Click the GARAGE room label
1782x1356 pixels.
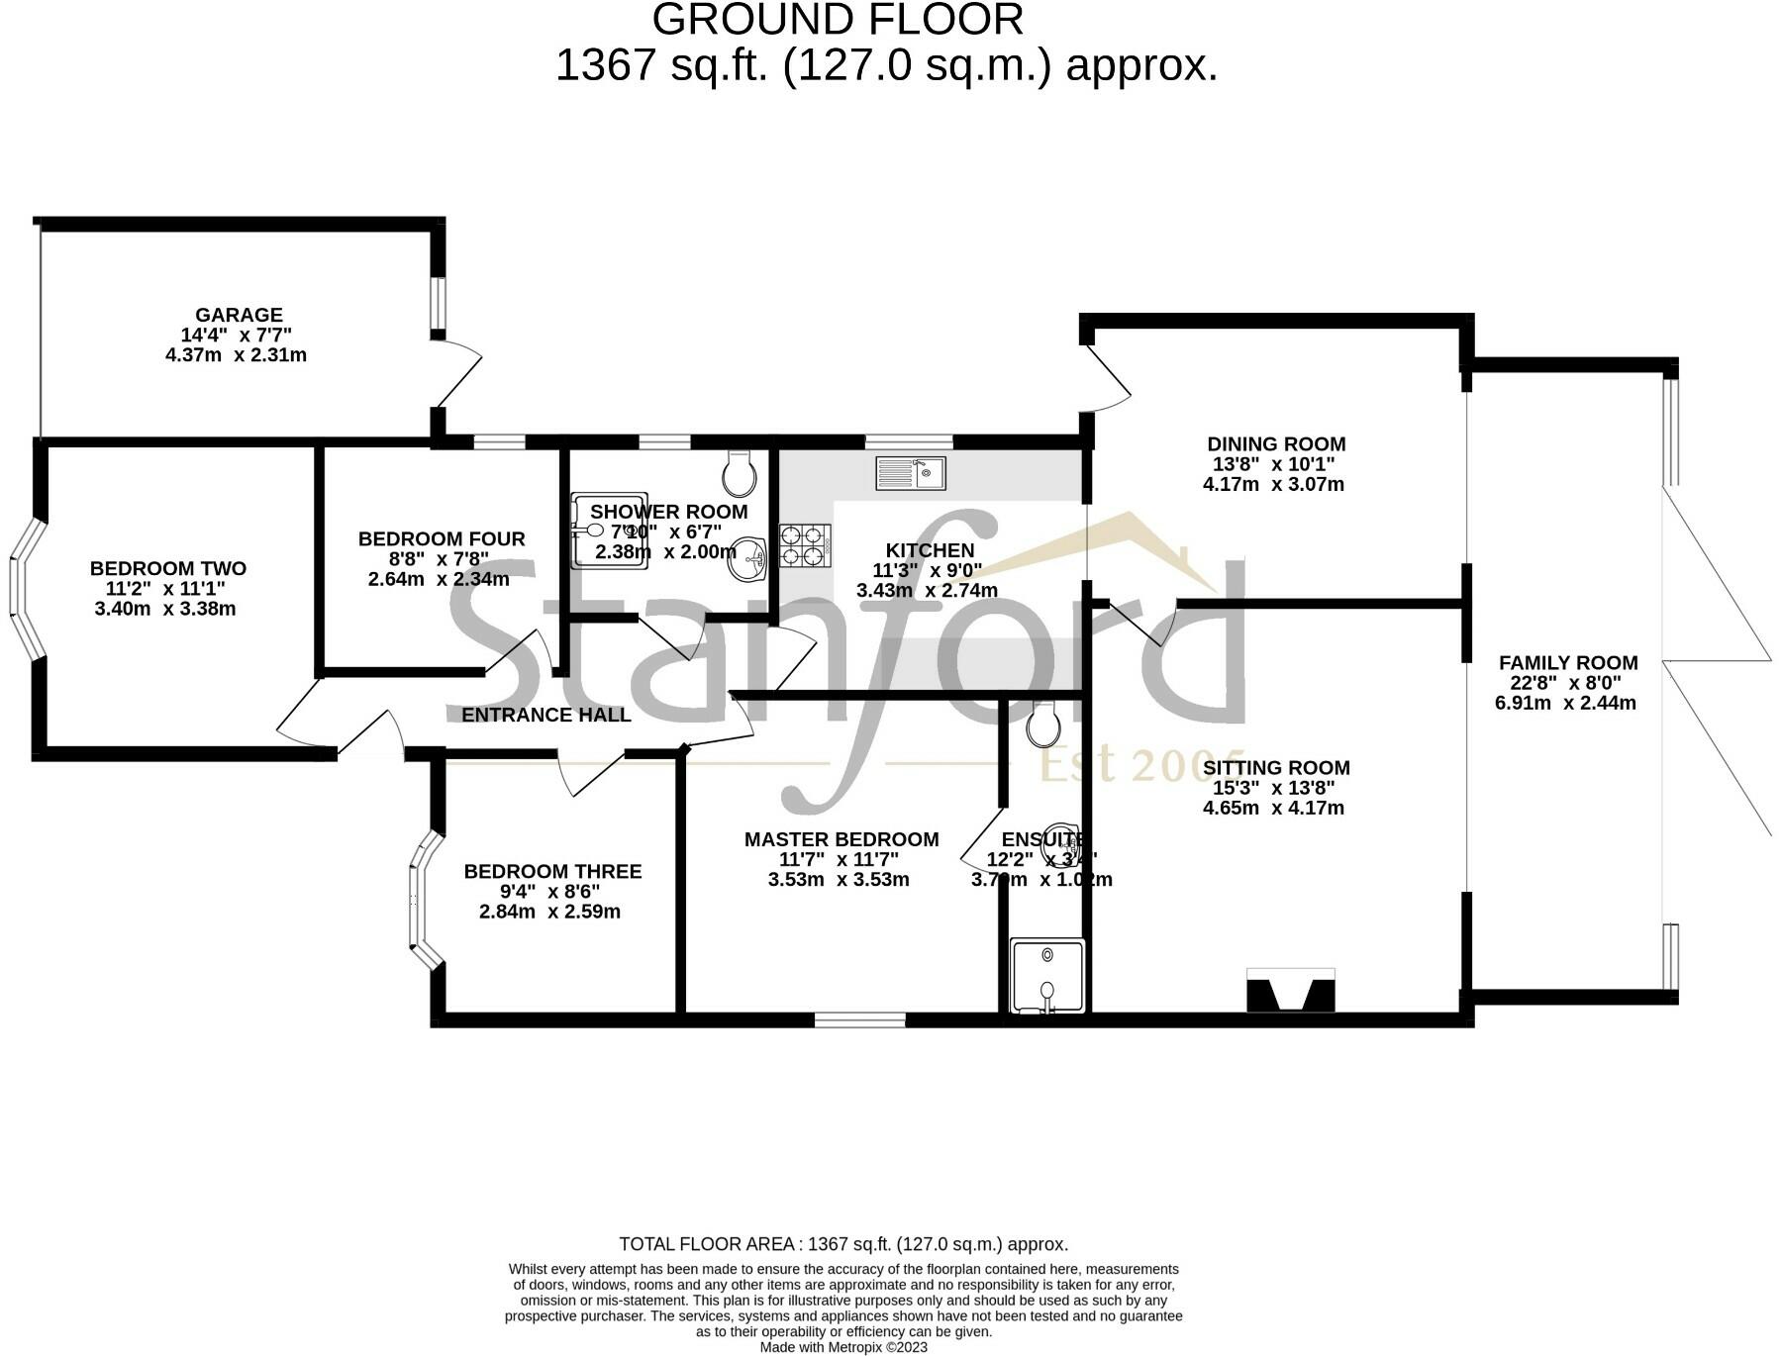[239, 315]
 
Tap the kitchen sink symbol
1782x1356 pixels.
[911, 473]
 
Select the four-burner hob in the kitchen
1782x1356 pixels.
[804, 544]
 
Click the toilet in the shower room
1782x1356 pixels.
[740, 474]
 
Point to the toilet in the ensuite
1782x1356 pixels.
[1042, 724]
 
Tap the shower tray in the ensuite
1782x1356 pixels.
[1047, 976]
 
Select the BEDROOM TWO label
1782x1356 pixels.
[168, 568]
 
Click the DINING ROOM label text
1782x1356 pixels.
[1276, 443]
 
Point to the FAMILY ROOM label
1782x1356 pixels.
[1568, 662]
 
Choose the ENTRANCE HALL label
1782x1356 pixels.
[546, 715]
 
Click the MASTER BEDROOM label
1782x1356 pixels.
[841, 839]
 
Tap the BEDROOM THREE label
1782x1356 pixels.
[552, 871]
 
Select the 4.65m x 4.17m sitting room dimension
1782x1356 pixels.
[1273, 808]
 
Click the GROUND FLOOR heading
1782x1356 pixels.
[838, 20]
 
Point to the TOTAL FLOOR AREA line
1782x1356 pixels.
[843, 1244]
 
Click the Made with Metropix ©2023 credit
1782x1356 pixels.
[843, 1347]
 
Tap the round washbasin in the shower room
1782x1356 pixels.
[747, 560]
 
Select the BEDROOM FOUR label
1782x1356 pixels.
[442, 538]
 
